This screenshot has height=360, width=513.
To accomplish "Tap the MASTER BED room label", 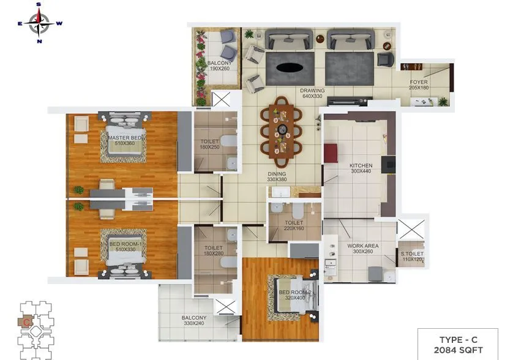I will pos(126,138).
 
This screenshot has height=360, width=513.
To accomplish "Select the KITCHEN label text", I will pos(361,166).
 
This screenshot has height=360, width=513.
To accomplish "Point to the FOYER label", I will pos(419,82).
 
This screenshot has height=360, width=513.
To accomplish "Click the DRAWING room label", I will pos(312,91).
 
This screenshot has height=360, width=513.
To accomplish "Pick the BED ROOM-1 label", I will pos(125,244).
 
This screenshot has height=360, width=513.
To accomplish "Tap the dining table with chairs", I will pos(282,130).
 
